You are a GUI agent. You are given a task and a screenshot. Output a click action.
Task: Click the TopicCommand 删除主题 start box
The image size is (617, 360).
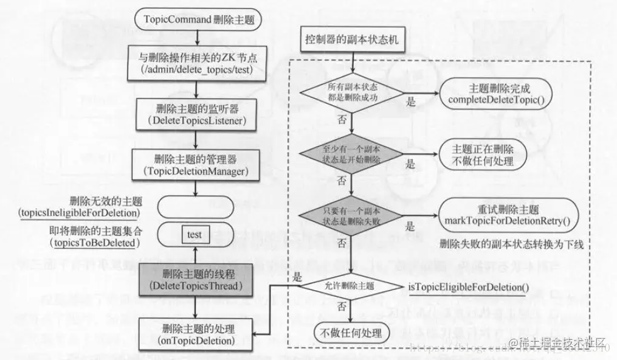point(195,19)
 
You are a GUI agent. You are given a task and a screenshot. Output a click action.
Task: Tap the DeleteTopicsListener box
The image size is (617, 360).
point(195,115)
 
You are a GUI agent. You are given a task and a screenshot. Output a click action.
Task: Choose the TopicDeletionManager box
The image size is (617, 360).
point(195,165)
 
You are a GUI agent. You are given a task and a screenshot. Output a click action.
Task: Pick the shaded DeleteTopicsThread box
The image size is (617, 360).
point(195,279)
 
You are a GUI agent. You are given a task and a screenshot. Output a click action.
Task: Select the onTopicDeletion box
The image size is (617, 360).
point(195,336)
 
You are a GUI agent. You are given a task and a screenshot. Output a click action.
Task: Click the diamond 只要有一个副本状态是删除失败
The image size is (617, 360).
point(351,216)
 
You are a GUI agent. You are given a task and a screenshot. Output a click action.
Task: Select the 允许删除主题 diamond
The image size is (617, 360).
point(351,285)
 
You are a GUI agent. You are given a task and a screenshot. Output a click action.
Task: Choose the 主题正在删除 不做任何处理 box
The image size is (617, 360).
point(483,155)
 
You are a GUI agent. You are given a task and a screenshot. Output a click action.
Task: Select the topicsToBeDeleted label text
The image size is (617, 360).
point(93,243)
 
